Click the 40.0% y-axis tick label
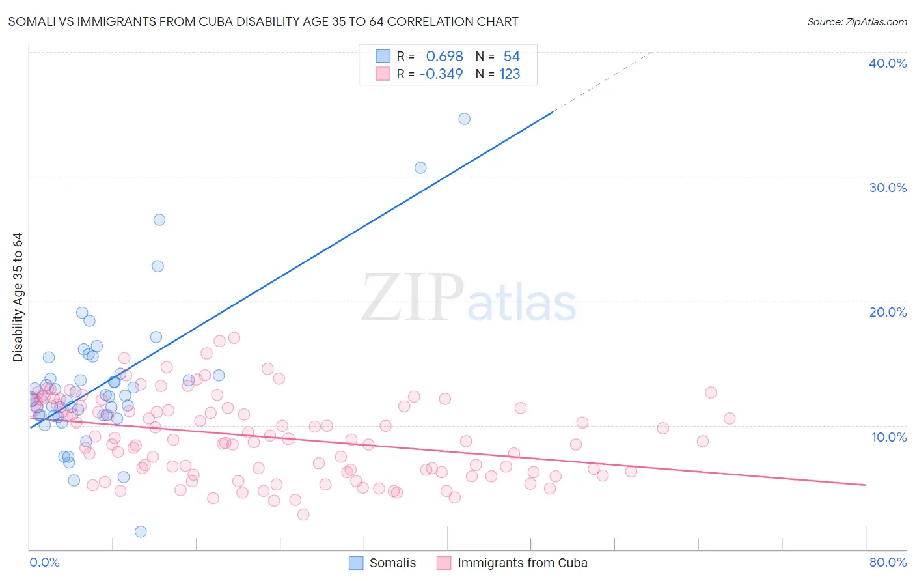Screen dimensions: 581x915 click(888, 63)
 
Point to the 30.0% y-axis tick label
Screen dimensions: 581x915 click(888, 188)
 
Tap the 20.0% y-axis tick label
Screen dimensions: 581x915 click(888, 312)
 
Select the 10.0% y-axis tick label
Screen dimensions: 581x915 click(889, 437)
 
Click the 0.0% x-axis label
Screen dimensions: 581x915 click(45, 562)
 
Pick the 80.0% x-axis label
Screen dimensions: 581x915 click(888, 562)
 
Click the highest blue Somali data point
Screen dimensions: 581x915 click(464, 119)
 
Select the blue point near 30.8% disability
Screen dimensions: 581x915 click(420, 167)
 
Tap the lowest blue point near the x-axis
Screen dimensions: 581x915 click(141, 531)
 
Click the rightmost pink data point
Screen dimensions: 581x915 click(730, 418)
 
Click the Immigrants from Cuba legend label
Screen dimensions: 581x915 click(522, 563)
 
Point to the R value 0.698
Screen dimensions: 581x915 click(444, 57)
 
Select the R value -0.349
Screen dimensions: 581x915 click(441, 74)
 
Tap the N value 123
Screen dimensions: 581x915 click(510, 74)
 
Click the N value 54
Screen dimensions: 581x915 click(512, 57)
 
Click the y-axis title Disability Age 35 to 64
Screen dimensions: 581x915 click(18, 297)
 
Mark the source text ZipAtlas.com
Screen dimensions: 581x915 click(876, 22)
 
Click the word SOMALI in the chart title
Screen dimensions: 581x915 click(30, 22)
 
